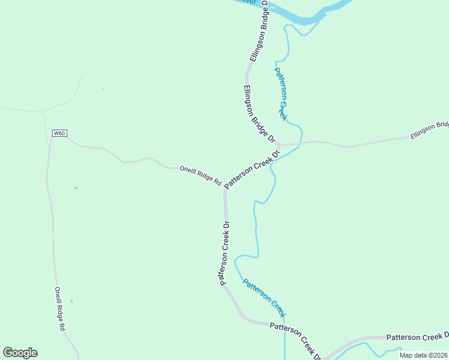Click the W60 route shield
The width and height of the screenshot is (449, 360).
pos(59,133)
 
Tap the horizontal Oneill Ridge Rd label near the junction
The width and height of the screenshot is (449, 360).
pos(200,176)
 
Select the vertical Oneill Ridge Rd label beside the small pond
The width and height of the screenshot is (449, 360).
pos(59,309)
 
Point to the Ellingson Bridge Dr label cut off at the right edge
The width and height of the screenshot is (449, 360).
pos(429,131)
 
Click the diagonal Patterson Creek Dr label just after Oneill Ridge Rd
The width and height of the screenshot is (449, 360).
pos(253,169)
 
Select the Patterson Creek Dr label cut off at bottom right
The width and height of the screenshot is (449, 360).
pos(417,337)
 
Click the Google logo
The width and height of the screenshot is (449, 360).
pos(20,353)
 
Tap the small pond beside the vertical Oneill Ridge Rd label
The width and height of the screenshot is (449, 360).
pos(71,301)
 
